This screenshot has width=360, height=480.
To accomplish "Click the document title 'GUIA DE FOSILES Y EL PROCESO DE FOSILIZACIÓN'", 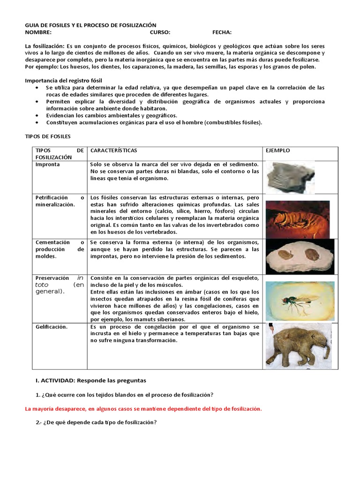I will (x=90, y=25).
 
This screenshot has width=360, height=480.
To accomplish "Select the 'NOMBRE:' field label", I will (x=38, y=32).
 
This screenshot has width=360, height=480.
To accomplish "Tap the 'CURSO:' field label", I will (x=160, y=32).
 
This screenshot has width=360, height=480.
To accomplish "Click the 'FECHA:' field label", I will (x=222, y=32).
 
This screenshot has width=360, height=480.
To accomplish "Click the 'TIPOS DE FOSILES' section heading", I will (x=47, y=136).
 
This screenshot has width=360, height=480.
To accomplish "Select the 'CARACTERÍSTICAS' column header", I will (x=113, y=150).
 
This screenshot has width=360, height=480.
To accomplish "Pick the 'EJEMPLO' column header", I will (x=277, y=150).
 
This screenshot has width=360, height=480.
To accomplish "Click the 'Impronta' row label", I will (x=47, y=165).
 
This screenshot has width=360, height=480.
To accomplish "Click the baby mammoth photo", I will (x=299, y=345).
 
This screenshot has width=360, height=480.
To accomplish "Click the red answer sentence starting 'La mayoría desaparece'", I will (x=143, y=408).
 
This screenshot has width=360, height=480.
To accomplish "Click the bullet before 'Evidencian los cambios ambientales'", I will (x=38, y=115).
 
